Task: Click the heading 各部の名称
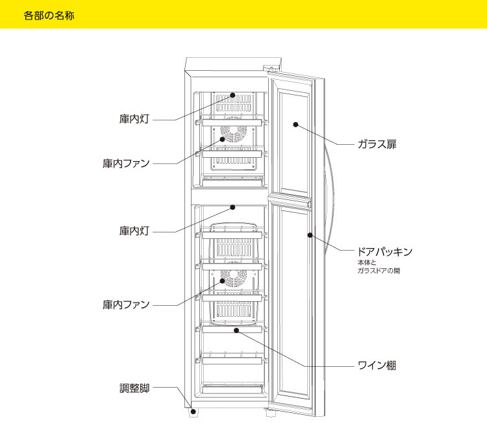[49, 15]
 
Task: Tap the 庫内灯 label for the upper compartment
[134, 120]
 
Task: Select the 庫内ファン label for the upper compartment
[126, 163]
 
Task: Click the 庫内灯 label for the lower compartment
[134, 231]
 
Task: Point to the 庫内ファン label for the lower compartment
[126, 305]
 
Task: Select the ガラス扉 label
[377, 144]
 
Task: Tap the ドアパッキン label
[385, 251]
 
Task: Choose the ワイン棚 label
[377, 366]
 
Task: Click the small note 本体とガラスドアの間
[379, 266]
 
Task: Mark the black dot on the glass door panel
[294, 123]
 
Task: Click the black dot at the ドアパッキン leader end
[310, 235]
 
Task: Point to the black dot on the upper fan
[223, 138]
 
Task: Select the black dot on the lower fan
[223, 281]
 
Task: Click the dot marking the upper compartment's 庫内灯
[232, 95]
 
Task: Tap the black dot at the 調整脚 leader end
[192, 410]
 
